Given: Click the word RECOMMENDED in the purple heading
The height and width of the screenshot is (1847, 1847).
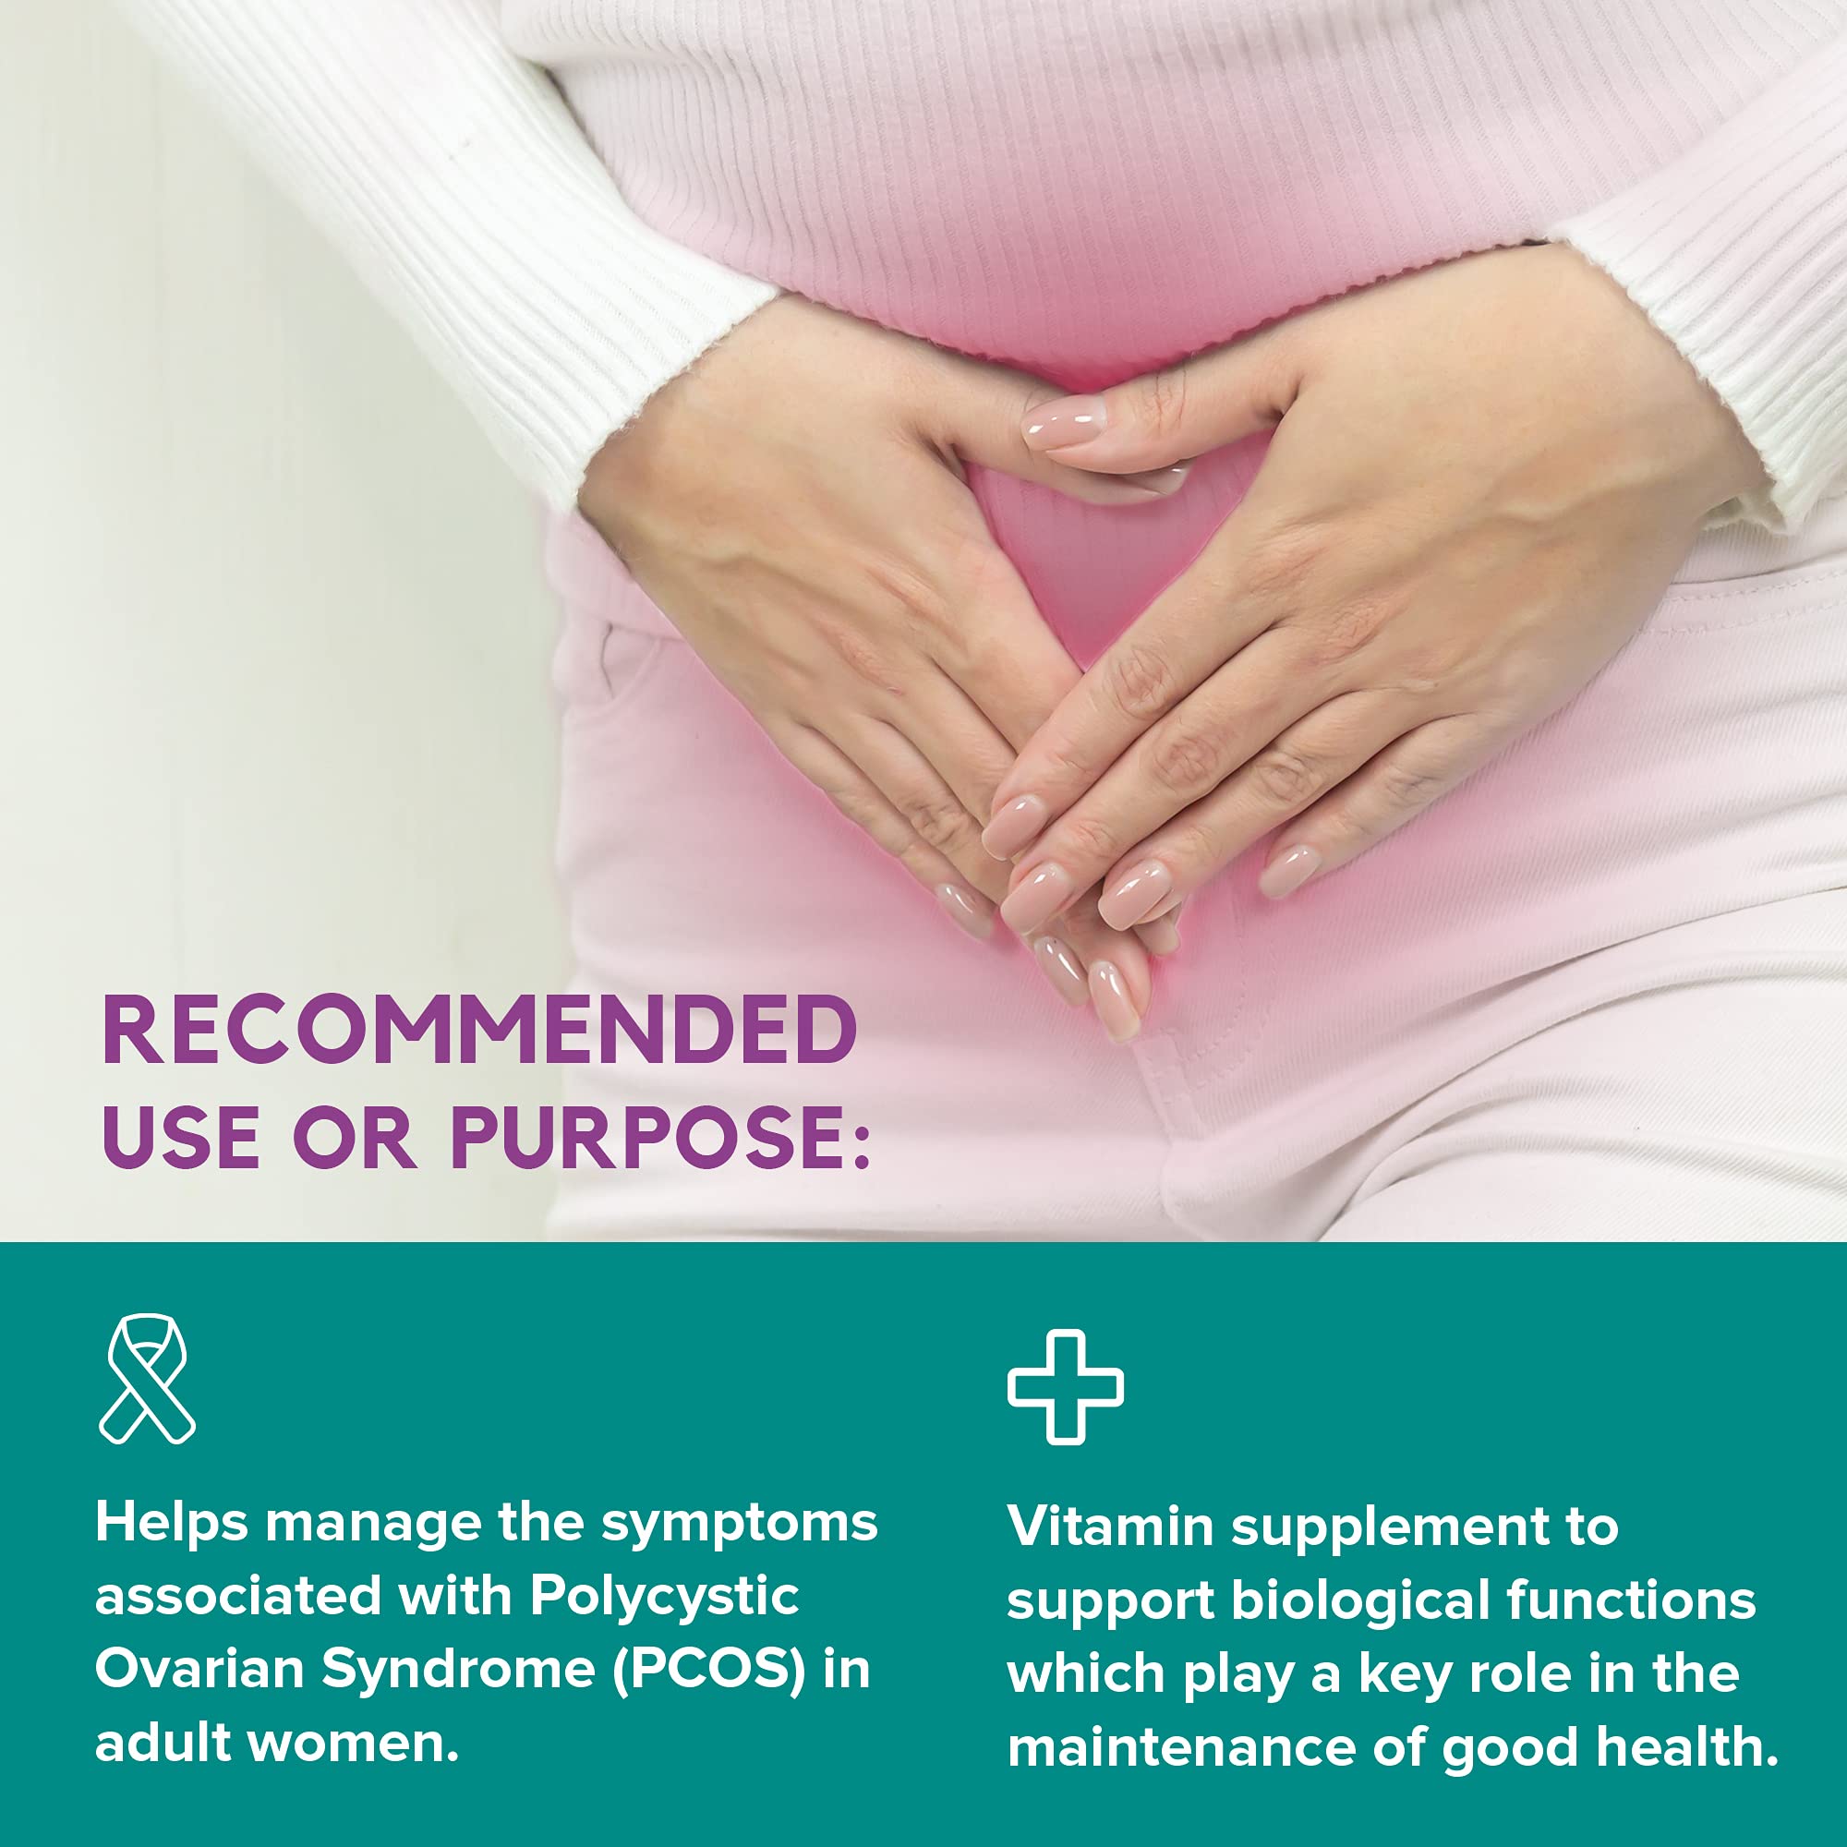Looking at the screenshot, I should (x=479, y=1031).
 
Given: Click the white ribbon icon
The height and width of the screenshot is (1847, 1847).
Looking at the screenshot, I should (x=147, y=1379).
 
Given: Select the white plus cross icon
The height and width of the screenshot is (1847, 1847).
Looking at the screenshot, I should (x=1065, y=1386).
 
